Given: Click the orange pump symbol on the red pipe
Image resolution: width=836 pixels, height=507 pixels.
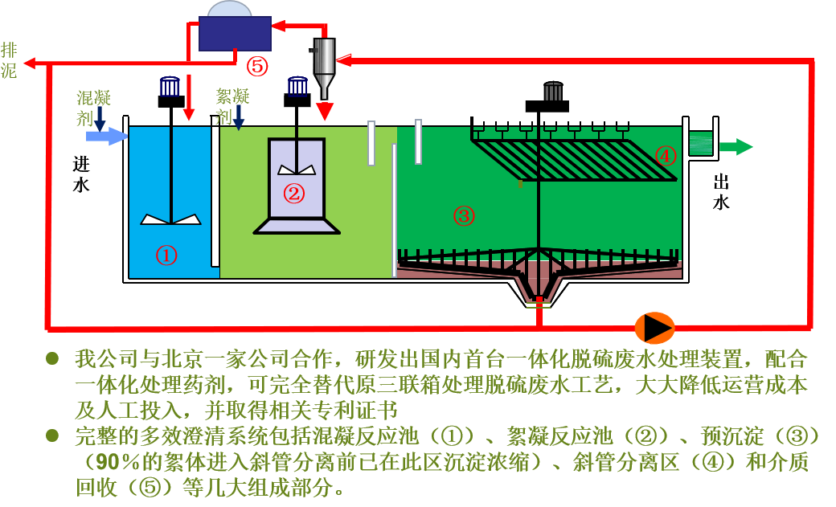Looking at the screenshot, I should [655, 327].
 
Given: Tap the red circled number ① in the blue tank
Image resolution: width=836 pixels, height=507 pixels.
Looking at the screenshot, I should [166, 256].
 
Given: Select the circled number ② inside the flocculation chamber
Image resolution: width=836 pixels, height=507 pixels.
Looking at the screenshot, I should [294, 193].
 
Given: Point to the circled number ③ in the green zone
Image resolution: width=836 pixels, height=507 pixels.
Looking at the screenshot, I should [464, 215].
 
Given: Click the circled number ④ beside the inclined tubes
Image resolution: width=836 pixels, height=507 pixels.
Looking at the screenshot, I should [666, 155].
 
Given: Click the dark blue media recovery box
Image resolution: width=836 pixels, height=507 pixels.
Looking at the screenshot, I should [234, 35].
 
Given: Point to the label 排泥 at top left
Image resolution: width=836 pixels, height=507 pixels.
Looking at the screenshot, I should [9, 60].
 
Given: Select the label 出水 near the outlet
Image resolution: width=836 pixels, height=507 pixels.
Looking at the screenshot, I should [721, 192].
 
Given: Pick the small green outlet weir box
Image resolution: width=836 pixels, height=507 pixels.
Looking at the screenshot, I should [703, 143].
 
